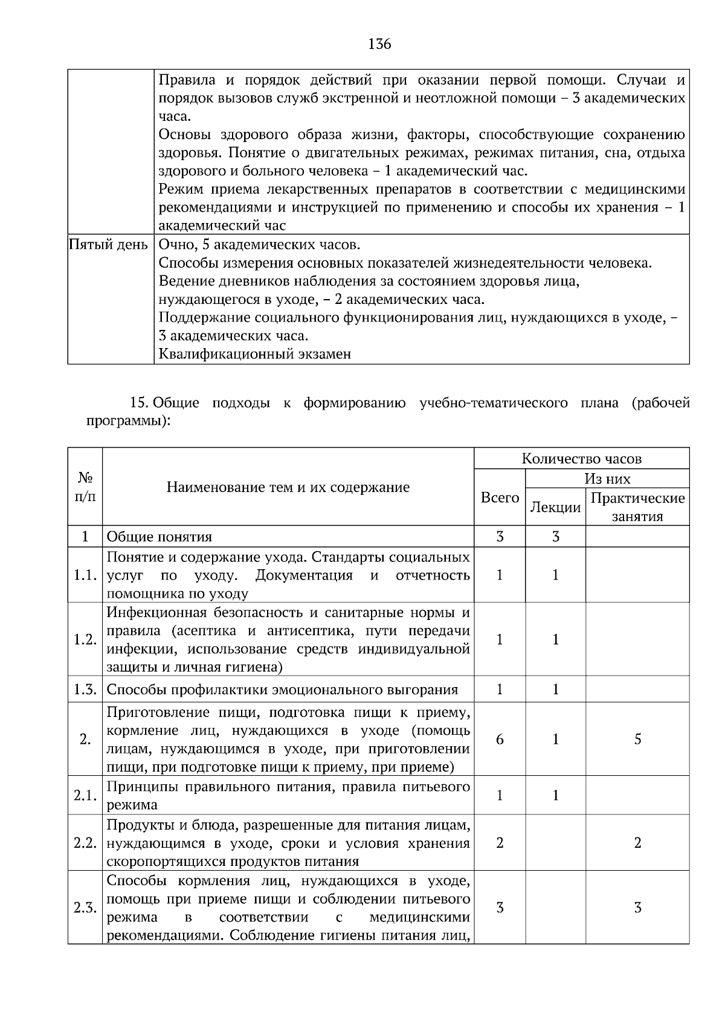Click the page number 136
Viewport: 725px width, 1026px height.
click(379, 44)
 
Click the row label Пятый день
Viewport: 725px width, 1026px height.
click(108, 245)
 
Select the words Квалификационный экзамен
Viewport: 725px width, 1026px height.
click(254, 354)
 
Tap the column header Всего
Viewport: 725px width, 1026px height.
click(500, 497)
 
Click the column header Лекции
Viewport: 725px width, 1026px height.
click(555, 508)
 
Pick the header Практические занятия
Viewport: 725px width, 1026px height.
click(637, 507)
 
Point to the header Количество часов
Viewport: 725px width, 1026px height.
click(581, 459)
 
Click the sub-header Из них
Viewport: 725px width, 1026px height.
click(607, 479)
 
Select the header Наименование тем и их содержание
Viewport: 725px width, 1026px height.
click(288, 487)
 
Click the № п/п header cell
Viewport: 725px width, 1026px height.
click(85, 487)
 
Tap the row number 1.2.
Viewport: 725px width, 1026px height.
click(85, 639)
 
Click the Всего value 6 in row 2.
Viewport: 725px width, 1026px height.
click(500, 739)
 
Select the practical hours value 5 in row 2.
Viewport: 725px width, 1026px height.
click(637, 739)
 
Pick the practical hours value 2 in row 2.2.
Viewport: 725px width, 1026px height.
click(637, 843)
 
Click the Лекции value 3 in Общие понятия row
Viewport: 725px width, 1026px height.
click(555, 537)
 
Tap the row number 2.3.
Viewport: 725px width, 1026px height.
click(85, 908)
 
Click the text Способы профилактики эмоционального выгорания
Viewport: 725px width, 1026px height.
click(282, 689)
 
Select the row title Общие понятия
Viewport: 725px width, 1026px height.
click(159, 537)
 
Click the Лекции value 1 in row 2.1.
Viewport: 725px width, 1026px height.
click(555, 795)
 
